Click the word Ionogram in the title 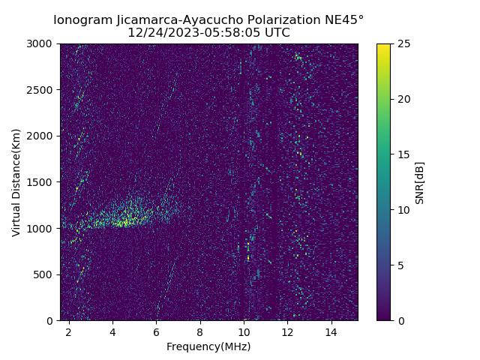pos(83,19)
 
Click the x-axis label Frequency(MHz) pos(208,346)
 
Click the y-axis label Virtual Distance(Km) pos(16,182)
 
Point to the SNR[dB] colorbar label pos(420,182)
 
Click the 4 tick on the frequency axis pos(112,331)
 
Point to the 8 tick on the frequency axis pos(200,331)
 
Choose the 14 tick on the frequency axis pos(331,331)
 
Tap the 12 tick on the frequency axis pos(287,331)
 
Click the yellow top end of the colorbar pos(383,46)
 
